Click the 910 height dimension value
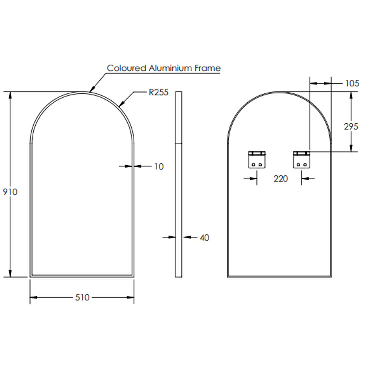point(10,192)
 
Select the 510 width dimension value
point(82,297)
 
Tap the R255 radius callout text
point(158,92)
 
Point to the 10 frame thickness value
point(159,167)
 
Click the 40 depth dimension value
point(204,238)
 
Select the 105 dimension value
point(352,83)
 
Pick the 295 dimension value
point(351,127)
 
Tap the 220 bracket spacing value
point(281,179)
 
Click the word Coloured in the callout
point(126,68)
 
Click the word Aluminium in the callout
point(170,68)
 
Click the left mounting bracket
point(257,159)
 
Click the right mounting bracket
point(302,159)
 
